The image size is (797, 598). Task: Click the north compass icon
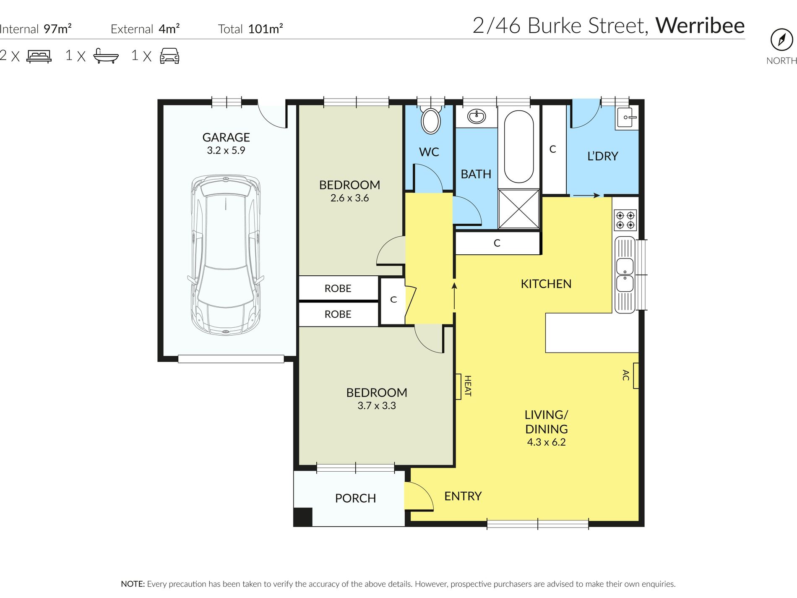click(781, 40)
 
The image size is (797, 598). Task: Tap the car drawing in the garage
click(226, 255)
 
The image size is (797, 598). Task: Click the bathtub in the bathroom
click(518, 146)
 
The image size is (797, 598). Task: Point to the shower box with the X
click(518, 209)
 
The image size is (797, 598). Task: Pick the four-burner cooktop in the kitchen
click(625, 220)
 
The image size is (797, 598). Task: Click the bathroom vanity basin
click(477, 116)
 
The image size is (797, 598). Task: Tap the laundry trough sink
click(627, 118)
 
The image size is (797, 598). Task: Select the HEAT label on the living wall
click(468, 386)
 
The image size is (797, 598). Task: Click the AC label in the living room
click(625, 375)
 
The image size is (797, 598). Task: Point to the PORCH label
click(355, 498)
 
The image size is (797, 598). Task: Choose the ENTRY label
click(463, 496)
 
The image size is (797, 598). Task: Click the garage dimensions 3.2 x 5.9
click(226, 150)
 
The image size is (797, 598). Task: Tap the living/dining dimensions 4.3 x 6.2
click(546, 442)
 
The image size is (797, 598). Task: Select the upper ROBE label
click(338, 288)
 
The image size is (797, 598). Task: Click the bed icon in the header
click(39, 56)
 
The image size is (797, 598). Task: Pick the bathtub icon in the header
click(106, 56)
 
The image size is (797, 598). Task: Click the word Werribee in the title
click(700, 25)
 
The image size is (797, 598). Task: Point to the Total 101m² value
click(266, 29)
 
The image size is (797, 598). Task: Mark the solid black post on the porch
click(303, 517)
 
